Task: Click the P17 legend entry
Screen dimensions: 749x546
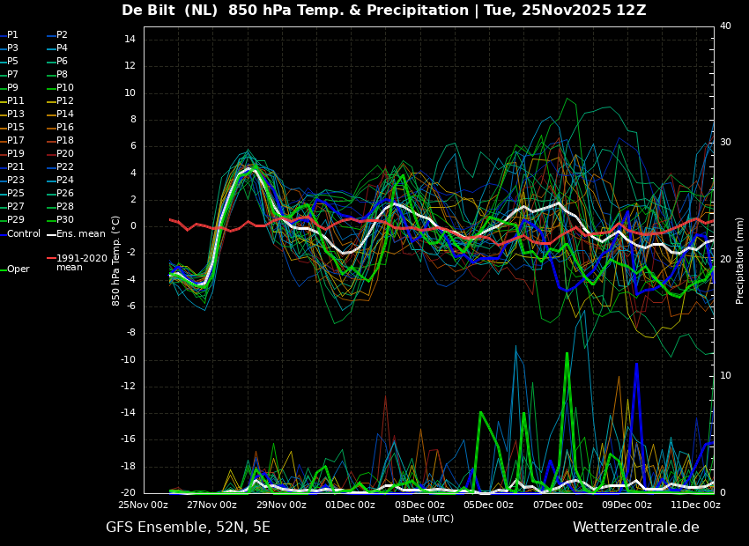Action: [12, 140]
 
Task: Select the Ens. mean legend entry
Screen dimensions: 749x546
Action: [76, 234]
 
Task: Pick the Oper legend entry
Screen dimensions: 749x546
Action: [15, 269]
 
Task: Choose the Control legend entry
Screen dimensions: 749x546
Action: [20, 234]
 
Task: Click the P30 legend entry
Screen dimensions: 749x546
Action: [60, 219]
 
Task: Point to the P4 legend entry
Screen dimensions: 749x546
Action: [57, 48]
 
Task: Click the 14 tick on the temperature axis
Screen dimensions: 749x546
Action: [130, 39]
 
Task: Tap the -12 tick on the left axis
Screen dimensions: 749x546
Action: [128, 386]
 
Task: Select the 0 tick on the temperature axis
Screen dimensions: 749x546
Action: [133, 226]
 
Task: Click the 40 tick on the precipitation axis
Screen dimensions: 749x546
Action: [725, 26]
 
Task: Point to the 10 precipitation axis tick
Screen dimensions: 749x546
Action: [725, 376]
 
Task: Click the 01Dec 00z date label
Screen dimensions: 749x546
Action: [351, 505]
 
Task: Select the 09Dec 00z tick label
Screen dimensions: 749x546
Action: [627, 505]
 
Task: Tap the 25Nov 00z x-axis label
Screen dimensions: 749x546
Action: [144, 505]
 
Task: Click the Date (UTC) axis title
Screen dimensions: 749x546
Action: [428, 519]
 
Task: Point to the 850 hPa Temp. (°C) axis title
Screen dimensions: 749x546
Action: [115, 261]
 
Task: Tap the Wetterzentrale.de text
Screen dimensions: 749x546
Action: [636, 528]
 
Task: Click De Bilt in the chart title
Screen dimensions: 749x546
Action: [148, 10]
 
